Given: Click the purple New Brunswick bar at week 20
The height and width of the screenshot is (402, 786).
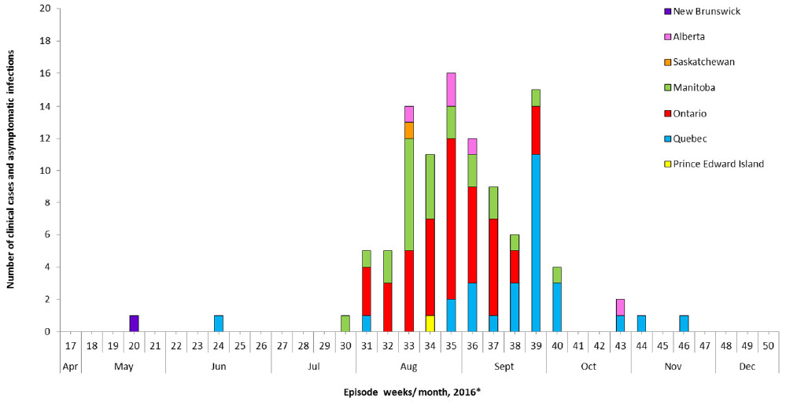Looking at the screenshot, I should pos(135,323).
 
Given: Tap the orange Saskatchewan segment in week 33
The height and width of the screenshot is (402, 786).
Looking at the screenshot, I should pos(408,130).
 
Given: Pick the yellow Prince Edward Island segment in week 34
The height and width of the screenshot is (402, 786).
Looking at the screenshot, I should pos(430,323).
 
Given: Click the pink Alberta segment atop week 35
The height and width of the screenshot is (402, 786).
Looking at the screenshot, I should pos(451,90).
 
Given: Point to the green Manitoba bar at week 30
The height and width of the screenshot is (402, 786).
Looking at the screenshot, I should pos(345,323).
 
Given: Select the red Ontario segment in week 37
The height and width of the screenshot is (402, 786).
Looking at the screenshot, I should pos(493,267).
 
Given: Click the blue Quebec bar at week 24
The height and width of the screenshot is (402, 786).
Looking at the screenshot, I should pos(219,323).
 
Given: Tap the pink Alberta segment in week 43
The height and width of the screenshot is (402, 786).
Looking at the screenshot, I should pos(620,307).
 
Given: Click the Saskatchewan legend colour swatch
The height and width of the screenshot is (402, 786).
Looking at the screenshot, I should pos(667,61).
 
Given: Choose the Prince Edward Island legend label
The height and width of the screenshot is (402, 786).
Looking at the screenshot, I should pos(719,164).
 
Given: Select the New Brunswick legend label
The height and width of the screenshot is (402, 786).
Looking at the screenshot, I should pos(707,11).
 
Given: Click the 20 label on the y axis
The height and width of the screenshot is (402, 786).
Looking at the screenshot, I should pos(46,9).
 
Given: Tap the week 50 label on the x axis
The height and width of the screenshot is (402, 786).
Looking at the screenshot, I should pos(768,345).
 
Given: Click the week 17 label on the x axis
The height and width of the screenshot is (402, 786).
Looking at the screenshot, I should pos(71,345).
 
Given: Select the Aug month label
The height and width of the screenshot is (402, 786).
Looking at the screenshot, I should pos(408,366).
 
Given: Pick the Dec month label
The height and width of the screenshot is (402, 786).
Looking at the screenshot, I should pos(747,366).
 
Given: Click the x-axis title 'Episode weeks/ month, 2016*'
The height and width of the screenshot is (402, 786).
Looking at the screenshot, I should pos(411,391).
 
